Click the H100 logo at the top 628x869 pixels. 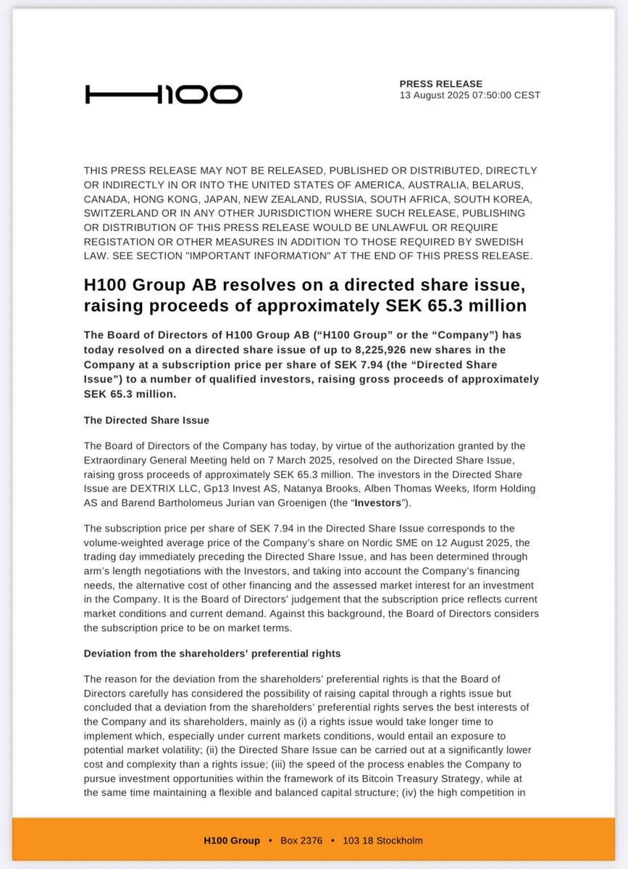coord(164,94)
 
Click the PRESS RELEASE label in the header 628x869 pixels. coord(440,84)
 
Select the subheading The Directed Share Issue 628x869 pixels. coord(146,421)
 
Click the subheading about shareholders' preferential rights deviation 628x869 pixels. coord(212,653)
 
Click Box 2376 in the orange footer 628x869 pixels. coord(301,841)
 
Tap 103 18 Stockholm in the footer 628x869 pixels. coord(384,841)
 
